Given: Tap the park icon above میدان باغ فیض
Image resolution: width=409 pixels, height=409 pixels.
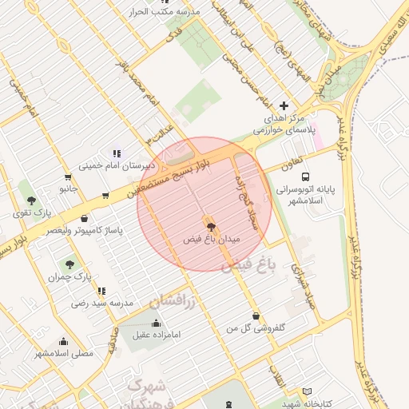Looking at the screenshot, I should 211,227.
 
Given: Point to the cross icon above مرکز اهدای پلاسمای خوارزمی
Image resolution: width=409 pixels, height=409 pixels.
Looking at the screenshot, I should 284,105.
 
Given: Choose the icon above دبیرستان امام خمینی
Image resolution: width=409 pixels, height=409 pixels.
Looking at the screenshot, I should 117,153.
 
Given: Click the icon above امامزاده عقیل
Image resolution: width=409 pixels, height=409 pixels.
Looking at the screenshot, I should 155,322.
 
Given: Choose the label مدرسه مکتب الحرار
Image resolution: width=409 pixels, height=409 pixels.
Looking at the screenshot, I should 165,12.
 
